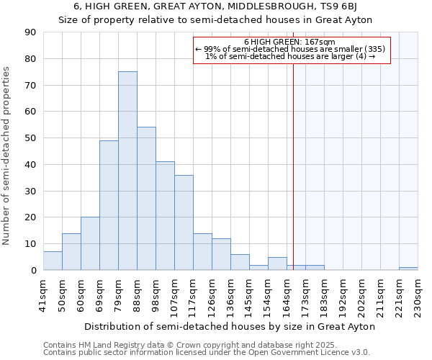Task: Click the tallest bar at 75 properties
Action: [x=127, y=171]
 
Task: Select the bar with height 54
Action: [x=146, y=199]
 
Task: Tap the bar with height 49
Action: [x=109, y=205]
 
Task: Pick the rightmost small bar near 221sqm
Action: [x=408, y=269]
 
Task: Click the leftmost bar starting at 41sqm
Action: [x=53, y=261]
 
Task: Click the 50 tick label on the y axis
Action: [x=32, y=138]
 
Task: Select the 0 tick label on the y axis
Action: [x=34, y=271]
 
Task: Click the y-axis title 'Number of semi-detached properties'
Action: [x=7, y=156]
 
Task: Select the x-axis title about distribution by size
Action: [x=230, y=326]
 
